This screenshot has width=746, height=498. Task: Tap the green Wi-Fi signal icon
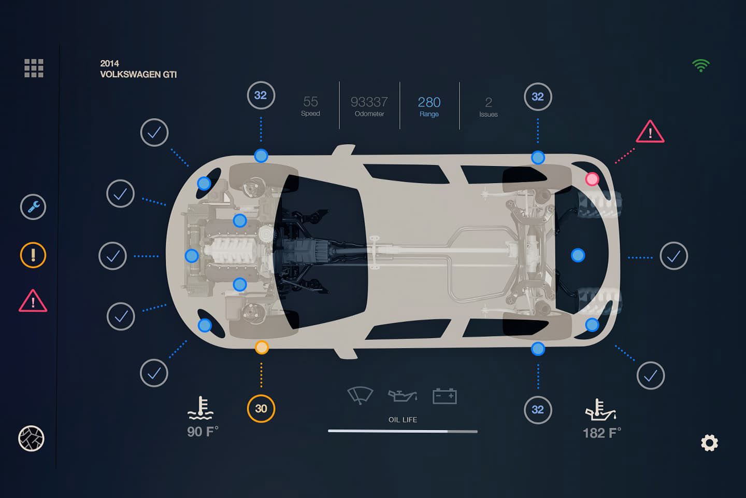coord(700,65)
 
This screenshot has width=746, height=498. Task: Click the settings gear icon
coord(709,442)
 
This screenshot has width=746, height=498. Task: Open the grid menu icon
coord(34,68)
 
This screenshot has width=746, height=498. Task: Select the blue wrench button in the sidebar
coord(33,207)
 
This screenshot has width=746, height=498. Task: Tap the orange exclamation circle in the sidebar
coord(33,255)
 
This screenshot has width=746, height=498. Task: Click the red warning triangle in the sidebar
coord(33,301)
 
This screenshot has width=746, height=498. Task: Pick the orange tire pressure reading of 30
coord(261,408)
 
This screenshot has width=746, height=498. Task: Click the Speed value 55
coord(310,102)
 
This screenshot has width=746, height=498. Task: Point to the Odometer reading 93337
coord(369,102)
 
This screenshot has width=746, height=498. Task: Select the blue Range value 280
coord(429,102)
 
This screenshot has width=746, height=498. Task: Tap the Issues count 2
coord(488,103)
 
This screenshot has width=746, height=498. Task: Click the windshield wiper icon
coord(360,395)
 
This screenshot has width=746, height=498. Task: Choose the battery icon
coord(444,396)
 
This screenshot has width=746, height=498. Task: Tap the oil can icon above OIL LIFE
coord(403,396)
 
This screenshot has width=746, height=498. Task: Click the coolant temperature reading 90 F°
coord(203,432)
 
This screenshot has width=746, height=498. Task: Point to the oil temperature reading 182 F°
coord(601,433)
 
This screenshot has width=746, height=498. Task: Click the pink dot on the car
coord(592,179)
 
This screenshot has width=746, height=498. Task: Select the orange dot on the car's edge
coord(262,347)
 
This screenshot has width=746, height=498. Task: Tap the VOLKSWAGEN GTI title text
coord(138,74)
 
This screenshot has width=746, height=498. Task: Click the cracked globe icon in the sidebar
coord(32,438)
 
